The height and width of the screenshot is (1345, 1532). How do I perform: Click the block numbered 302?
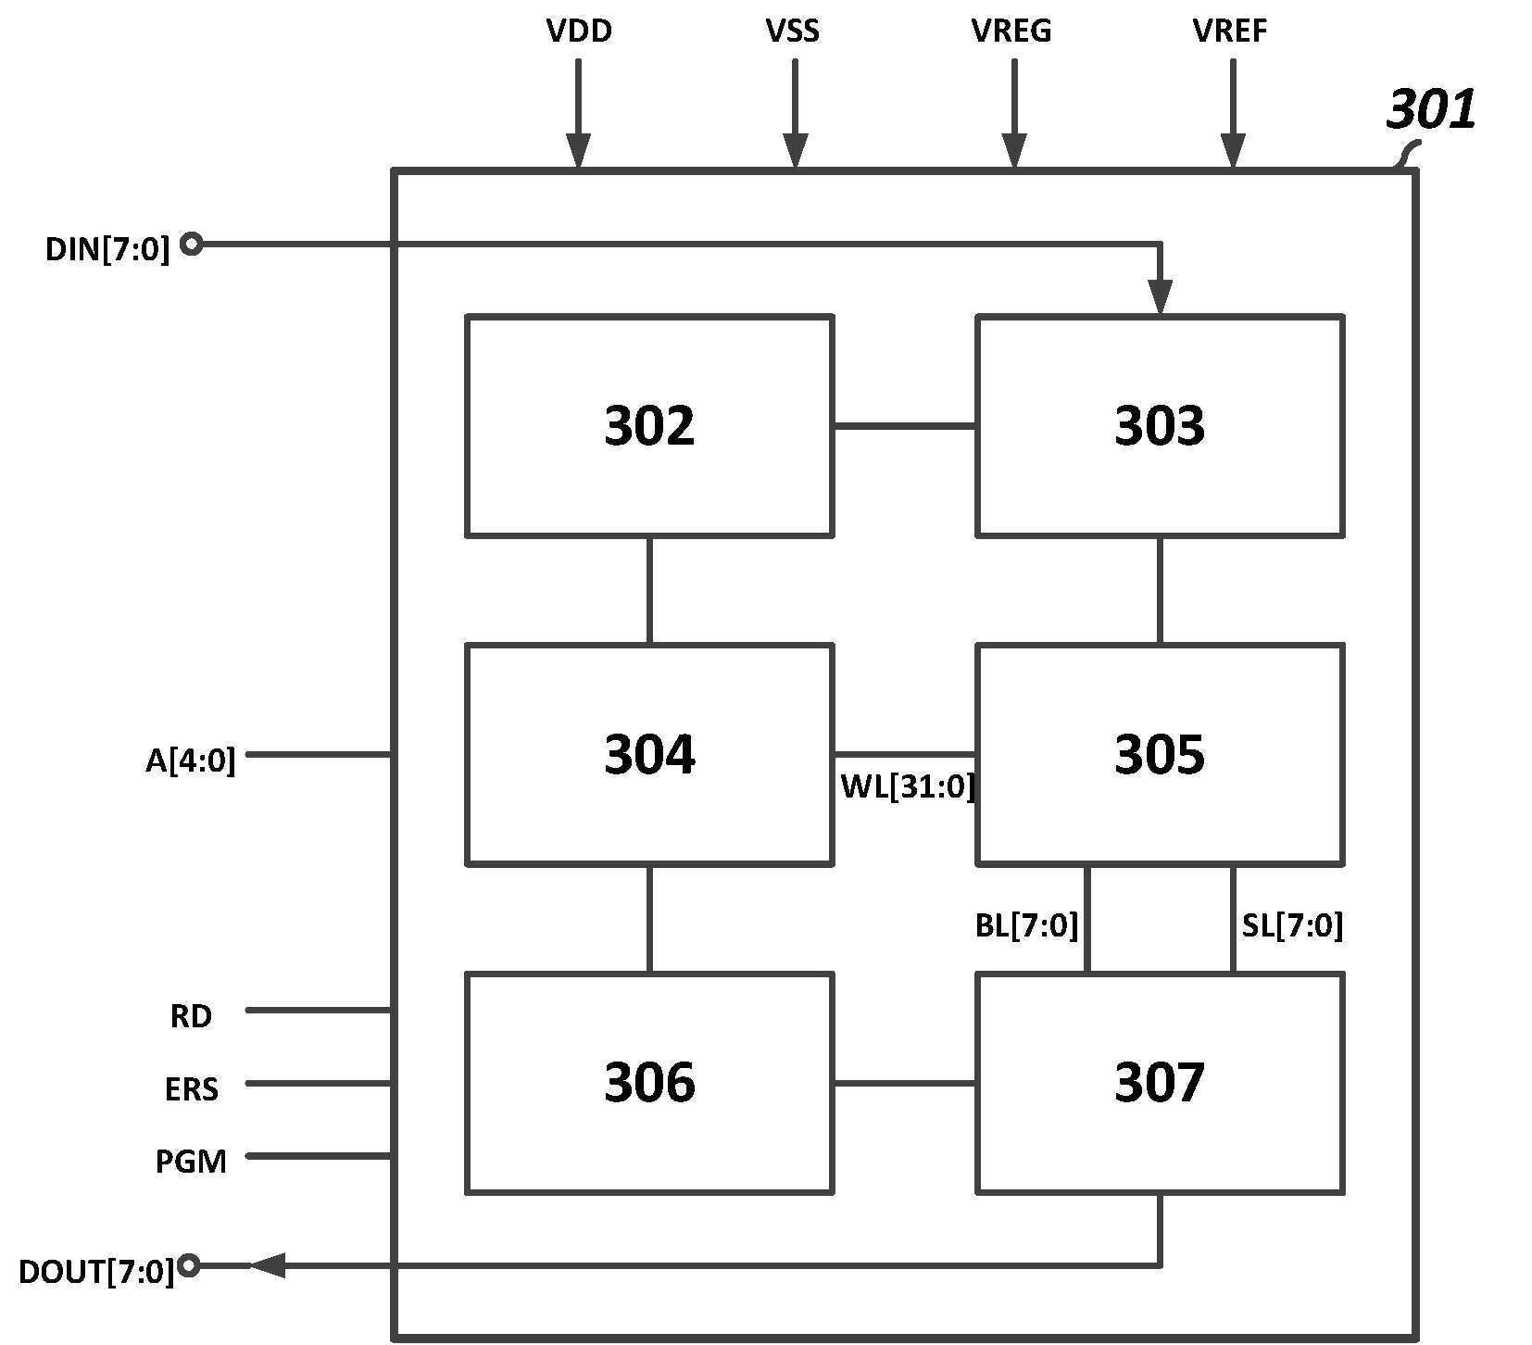pyautogui.click(x=649, y=426)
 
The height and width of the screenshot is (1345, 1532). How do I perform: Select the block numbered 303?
pyautogui.click(x=1160, y=426)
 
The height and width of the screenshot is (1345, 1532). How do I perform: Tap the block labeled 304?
pyautogui.click(x=649, y=755)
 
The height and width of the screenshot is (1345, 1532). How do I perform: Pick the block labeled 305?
pyautogui.click(x=1160, y=755)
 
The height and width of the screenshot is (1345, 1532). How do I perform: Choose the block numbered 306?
pyautogui.click(x=649, y=1083)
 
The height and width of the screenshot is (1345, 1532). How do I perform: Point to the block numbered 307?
pyautogui.click(x=1160, y=1083)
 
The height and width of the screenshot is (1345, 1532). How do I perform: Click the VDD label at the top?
pyautogui.click(x=579, y=31)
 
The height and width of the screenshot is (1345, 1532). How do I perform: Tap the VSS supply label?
pyautogui.click(x=793, y=31)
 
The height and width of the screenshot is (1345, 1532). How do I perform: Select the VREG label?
pyautogui.click(x=1011, y=31)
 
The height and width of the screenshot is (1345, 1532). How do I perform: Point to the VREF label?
pyautogui.click(x=1230, y=31)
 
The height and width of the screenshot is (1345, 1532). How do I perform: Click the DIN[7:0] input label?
pyautogui.click(x=107, y=249)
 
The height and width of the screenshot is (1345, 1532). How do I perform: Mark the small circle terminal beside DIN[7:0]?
pyautogui.click(x=191, y=245)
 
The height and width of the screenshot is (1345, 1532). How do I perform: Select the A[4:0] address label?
pyautogui.click(x=191, y=760)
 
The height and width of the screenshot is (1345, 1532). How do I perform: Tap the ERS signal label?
pyautogui.click(x=192, y=1089)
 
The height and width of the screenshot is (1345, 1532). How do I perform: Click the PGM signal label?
pyautogui.click(x=191, y=1162)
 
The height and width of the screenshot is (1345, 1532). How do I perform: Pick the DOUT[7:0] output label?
pyautogui.click(x=96, y=1272)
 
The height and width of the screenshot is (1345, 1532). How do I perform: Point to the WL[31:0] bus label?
pyautogui.click(x=908, y=786)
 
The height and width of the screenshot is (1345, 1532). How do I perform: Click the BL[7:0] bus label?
pyautogui.click(x=1027, y=925)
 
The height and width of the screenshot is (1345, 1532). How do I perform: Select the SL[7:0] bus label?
pyautogui.click(x=1292, y=925)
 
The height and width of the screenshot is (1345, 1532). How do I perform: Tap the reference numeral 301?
pyautogui.click(x=1430, y=109)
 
